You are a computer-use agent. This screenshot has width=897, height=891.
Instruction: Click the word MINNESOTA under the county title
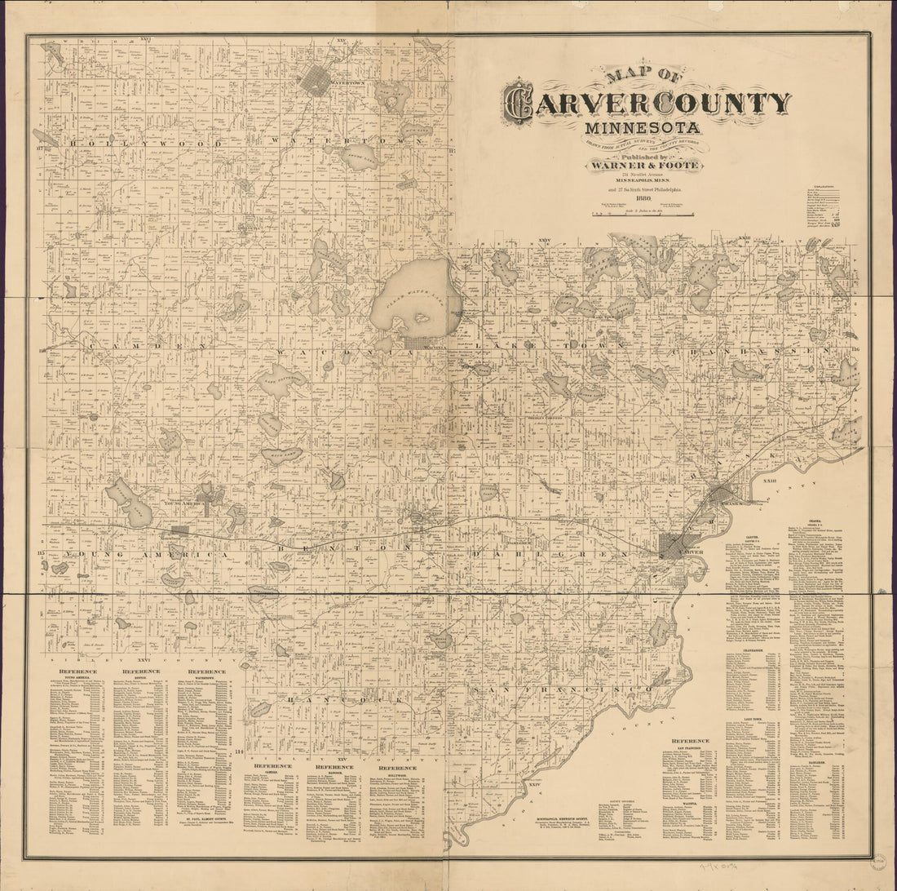point(642,128)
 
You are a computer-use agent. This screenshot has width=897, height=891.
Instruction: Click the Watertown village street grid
point(319,82)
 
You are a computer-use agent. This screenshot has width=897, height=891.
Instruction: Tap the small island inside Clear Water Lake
point(422,318)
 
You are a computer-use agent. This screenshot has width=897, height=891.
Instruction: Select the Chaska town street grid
point(725,494)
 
